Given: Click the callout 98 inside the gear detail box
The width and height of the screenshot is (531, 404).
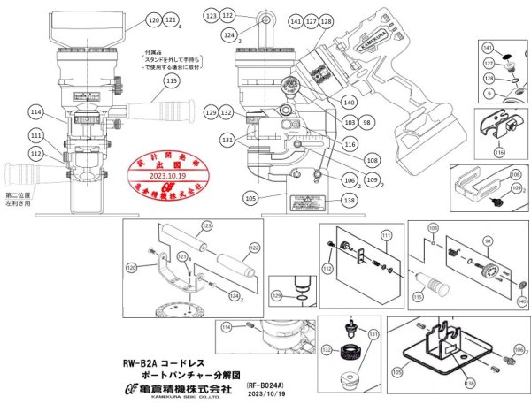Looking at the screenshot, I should click(486, 241).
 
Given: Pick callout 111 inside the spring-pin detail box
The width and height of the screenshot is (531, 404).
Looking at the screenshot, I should click(384, 235).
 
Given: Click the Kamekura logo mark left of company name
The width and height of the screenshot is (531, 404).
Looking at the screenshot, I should click(130, 386).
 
